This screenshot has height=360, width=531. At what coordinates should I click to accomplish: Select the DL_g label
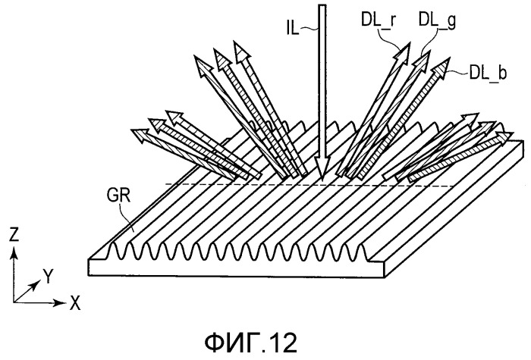(437, 20)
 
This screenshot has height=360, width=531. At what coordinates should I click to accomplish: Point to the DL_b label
(488, 73)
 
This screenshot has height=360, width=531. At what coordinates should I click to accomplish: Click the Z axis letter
(14, 234)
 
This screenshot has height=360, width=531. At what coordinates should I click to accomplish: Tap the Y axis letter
(49, 277)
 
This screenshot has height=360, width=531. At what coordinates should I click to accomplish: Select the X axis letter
(75, 303)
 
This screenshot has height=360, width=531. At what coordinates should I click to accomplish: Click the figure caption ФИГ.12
(251, 343)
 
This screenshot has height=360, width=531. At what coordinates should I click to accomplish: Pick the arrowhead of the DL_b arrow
(441, 67)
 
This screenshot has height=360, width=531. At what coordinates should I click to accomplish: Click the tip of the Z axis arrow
(14, 247)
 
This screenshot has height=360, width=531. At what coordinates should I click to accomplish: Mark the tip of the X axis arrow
(66, 302)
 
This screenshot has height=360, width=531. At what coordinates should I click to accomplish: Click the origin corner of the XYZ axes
(14, 302)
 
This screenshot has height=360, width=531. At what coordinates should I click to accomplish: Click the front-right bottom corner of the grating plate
(385, 277)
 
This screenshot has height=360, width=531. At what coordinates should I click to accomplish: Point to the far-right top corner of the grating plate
(523, 141)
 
